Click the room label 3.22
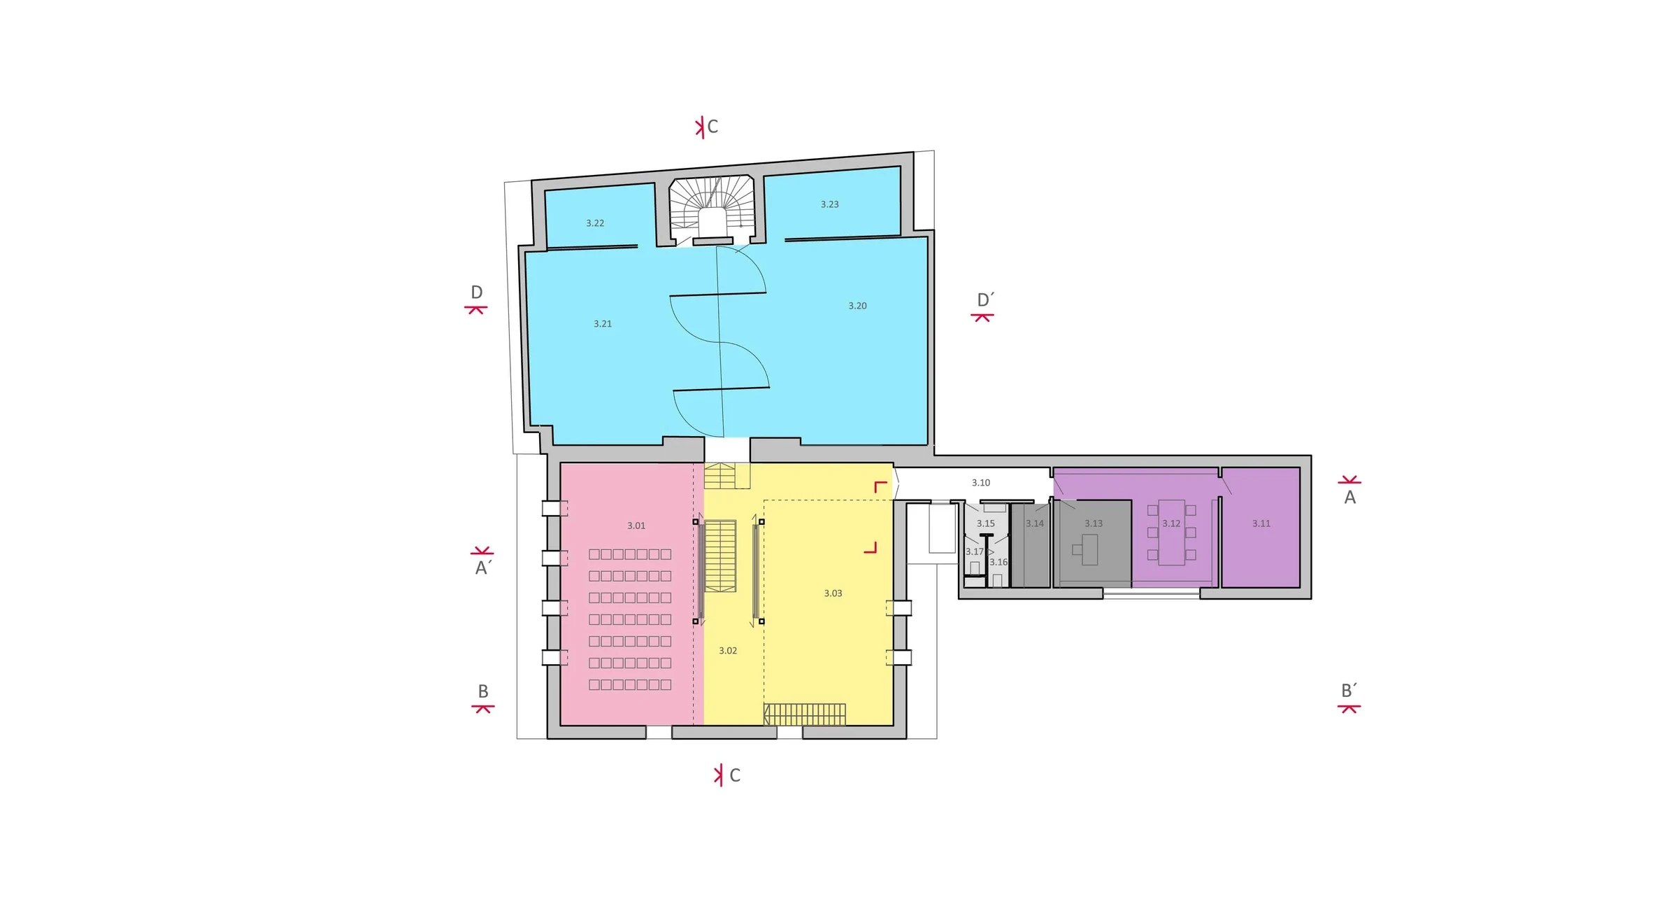(x=595, y=223)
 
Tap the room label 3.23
(x=829, y=204)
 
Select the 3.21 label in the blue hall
(x=602, y=324)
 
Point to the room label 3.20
(x=857, y=306)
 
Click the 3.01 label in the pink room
(x=636, y=526)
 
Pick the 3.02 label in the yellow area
(x=728, y=651)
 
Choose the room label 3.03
(x=833, y=593)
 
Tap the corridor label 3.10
(x=980, y=483)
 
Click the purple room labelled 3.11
(x=1261, y=527)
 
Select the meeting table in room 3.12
(x=1171, y=532)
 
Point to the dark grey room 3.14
(x=1031, y=544)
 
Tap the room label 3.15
(x=985, y=523)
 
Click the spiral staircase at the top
(x=712, y=208)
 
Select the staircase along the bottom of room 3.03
(x=804, y=714)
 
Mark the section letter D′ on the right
(x=985, y=300)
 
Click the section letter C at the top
(x=712, y=127)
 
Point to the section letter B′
(x=1349, y=691)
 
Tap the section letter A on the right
(x=1349, y=498)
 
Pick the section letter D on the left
(x=476, y=293)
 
